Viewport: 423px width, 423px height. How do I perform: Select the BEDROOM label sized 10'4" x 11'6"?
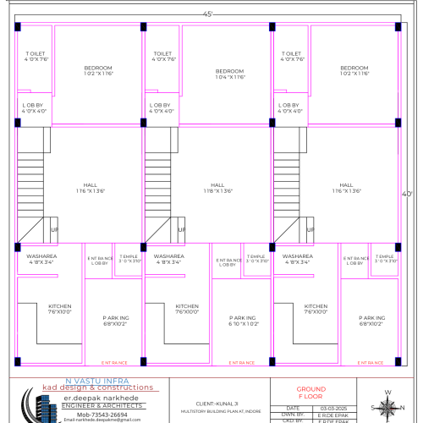tap(229, 74)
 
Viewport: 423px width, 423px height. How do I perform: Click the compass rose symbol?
tap(387, 406)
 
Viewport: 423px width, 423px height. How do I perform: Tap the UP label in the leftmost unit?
tap(53, 230)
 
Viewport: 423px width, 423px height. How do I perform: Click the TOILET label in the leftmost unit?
tap(36, 56)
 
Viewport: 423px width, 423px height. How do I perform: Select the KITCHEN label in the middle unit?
tap(187, 309)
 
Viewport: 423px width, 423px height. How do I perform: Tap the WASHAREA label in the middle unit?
tap(168, 258)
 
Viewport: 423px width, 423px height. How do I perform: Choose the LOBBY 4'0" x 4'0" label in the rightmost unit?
tap(289, 108)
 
